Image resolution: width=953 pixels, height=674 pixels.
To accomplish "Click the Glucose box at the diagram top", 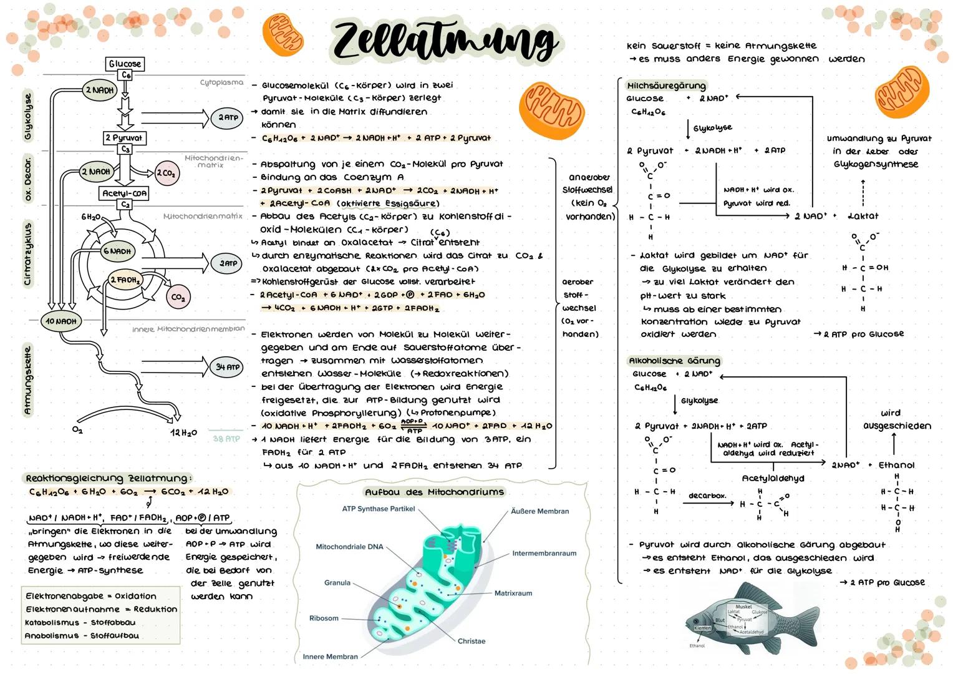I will [x=125, y=64].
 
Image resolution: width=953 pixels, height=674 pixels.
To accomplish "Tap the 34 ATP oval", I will [x=228, y=367].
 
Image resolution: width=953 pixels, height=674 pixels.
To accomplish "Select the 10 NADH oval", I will [x=60, y=321].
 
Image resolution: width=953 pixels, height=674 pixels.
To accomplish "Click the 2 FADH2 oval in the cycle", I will [x=125, y=280].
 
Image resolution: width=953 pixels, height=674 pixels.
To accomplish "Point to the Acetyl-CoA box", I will [x=124, y=193].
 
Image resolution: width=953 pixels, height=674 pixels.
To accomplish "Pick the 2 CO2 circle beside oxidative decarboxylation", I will [x=166, y=173].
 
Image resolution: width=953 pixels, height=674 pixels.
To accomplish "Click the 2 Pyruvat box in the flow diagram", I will [x=124, y=137].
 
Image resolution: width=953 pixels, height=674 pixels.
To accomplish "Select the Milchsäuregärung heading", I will [x=666, y=85].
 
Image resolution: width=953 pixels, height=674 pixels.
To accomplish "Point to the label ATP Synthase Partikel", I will [x=378, y=509].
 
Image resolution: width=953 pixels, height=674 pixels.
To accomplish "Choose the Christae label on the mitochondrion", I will [x=471, y=641].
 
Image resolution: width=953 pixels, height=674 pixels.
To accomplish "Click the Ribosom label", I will [x=324, y=618].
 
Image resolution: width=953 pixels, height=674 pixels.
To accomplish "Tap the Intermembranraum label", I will [x=544, y=553].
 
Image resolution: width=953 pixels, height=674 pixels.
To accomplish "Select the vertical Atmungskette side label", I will [x=27, y=381].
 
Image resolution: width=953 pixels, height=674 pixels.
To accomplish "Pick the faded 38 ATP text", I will [x=226, y=439].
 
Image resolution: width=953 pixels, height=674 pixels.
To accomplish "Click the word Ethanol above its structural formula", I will [x=896, y=465].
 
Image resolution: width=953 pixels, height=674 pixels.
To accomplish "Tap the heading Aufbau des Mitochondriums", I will [x=434, y=492].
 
